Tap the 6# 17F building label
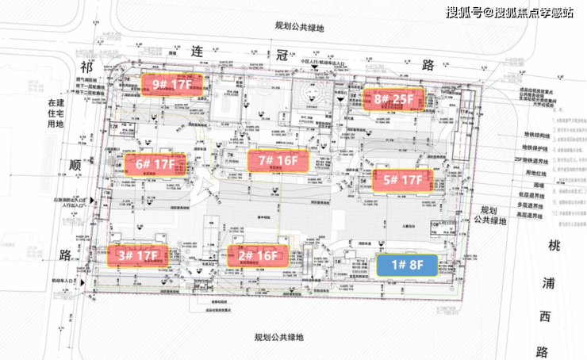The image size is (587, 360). coord(155,165)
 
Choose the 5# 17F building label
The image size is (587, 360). coord(403,180)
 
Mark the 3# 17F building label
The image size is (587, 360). coord(138,255)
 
